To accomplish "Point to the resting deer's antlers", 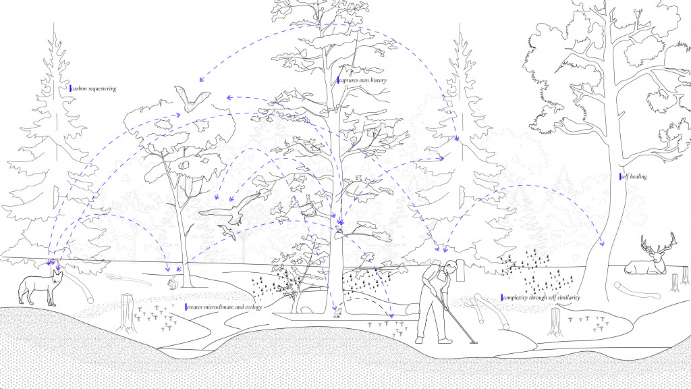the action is pyautogui.click(x=658, y=243).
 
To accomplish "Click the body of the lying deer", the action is pyautogui.click(x=643, y=267).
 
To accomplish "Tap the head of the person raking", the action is pyautogui.click(x=450, y=267).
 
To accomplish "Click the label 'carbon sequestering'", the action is pyautogui.click(x=94, y=88).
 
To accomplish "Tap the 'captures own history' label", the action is pyautogui.click(x=362, y=80).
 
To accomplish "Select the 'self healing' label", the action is pyautogui.click(x=634, y=176).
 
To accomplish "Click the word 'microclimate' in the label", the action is pyautogui.click(x=222, y=307).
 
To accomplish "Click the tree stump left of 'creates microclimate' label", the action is pyautogui.click(x=128, y=313).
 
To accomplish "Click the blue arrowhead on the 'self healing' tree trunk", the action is pyautogui.click(x=602, y=242).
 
